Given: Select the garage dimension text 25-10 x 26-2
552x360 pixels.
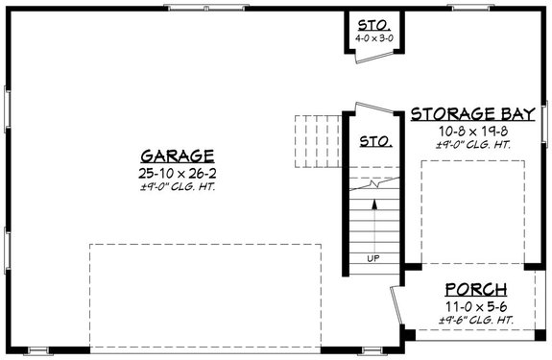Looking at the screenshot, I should click(177, 172).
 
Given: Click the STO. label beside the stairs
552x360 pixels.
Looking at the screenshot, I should click(373, 141).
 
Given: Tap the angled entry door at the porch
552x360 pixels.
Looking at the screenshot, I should click(397, 307).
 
